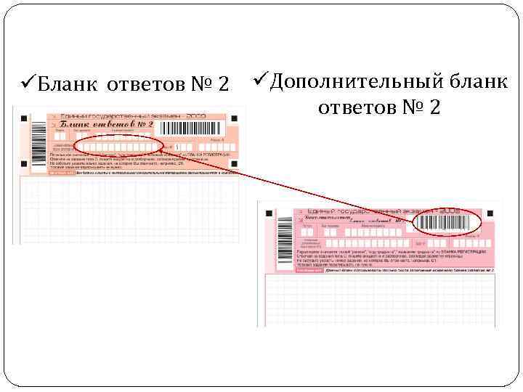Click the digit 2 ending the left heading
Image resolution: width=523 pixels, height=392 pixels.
224,85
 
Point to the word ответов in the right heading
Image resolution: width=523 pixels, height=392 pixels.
357,107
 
